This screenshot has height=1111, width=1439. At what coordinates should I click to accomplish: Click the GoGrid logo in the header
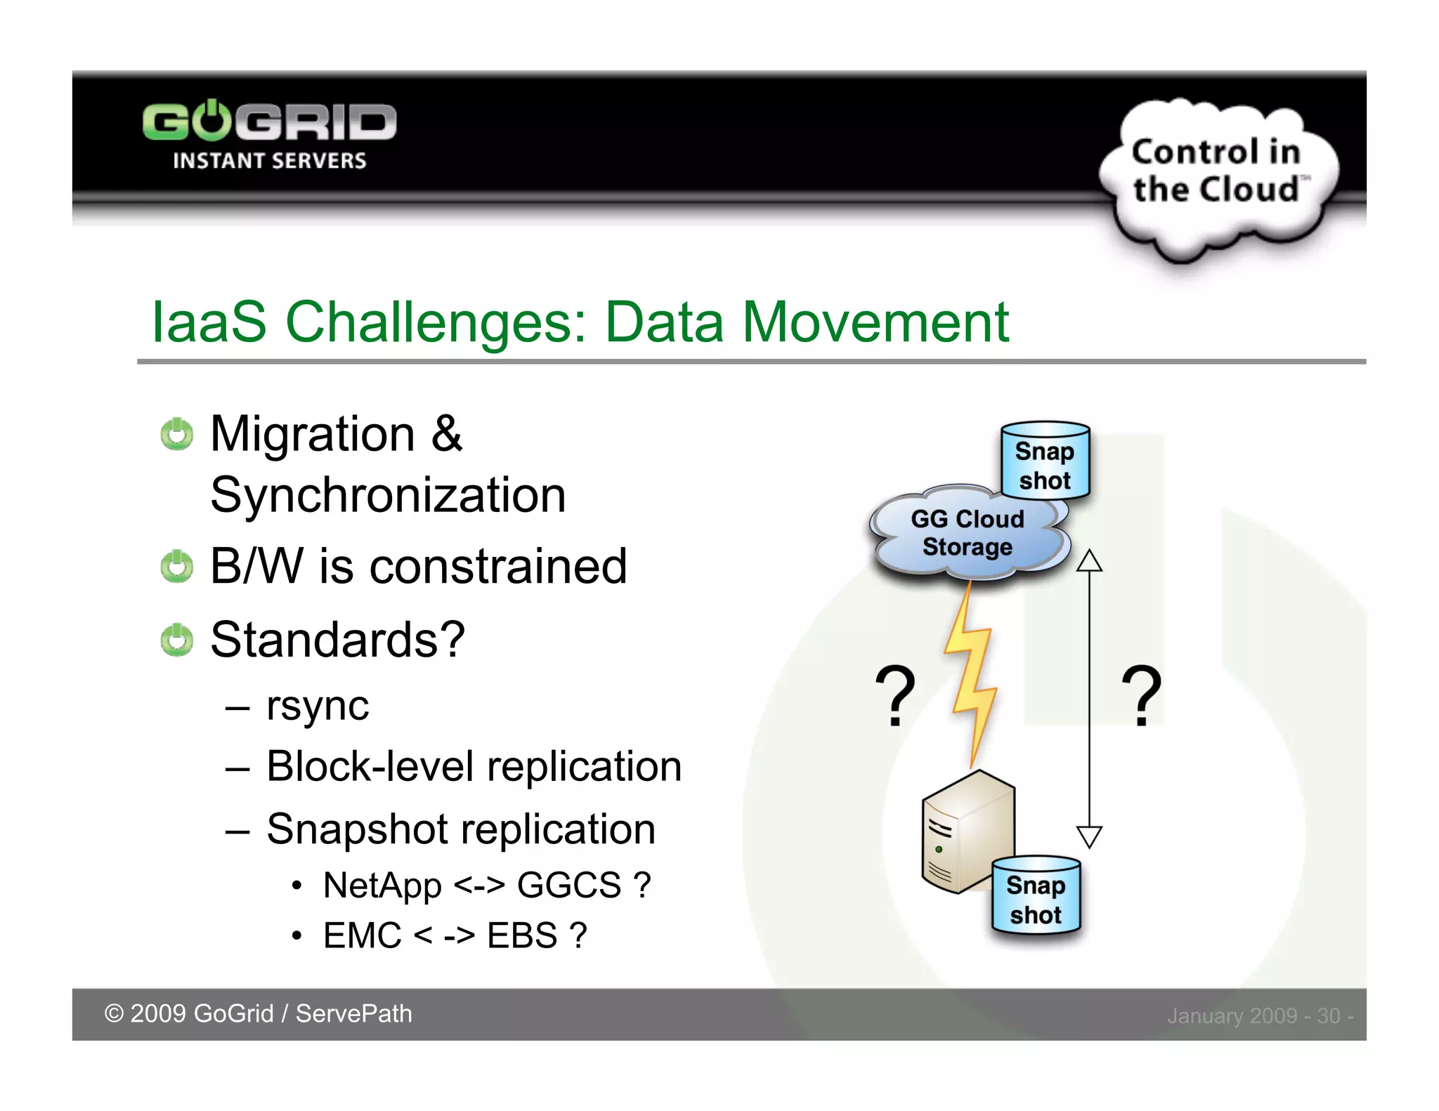coord(269,133)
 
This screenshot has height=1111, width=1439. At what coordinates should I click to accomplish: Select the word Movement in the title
coord(875,322)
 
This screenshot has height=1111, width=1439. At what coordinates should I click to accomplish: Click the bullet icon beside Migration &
coord(176,435)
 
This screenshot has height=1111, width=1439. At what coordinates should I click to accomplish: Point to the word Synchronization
coord(388,496)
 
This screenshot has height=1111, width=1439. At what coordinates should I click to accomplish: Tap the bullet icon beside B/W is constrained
coord(176,567)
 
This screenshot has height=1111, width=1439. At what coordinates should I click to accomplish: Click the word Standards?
coord(337,640)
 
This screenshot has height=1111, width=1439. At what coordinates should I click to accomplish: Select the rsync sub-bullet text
coord(318,706)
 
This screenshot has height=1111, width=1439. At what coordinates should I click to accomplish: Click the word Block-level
coord(370,766)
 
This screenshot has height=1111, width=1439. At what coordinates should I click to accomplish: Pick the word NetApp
coord(382,886)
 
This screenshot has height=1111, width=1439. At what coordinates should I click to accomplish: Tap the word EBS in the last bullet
coord(522,936)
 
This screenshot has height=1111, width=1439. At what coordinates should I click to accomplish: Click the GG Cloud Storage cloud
coord(968,534)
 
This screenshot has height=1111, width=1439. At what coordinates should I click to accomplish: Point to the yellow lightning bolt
coord(971,674)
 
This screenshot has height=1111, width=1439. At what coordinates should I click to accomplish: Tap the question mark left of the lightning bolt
coord(894,695)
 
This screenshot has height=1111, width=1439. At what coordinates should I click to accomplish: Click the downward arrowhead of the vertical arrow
coord(1089,836)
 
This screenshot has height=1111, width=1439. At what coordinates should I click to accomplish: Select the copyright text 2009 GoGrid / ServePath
coord(259,1014)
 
